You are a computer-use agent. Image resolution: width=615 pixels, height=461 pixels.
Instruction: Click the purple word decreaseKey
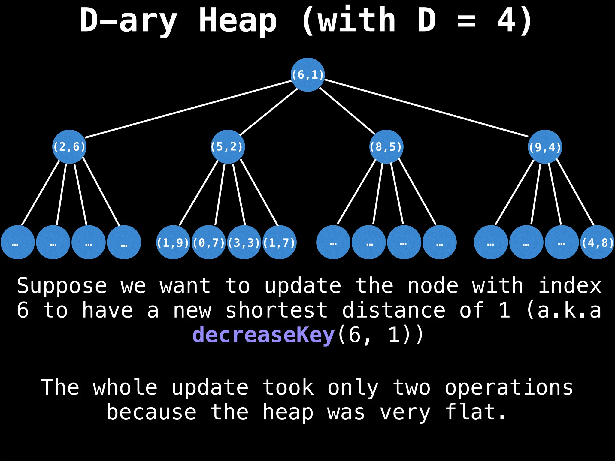pos(263,335)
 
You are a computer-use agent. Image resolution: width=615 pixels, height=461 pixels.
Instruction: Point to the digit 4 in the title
pos(506,20)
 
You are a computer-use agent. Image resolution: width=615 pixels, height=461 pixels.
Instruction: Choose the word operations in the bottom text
pos(509,387)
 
